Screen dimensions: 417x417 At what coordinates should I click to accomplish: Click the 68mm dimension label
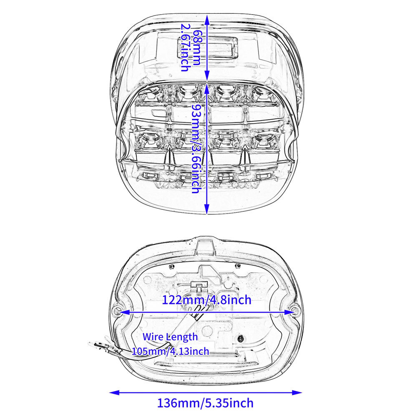pos(196,48)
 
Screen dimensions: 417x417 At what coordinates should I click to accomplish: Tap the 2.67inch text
pos(185,48)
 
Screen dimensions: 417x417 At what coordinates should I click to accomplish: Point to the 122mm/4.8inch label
pos(207,300)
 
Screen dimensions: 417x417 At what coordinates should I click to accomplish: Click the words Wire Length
pos(170,337)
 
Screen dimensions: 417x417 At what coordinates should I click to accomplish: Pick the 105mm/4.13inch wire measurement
pos(171,351)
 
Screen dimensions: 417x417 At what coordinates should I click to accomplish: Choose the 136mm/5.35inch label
pos(205,403)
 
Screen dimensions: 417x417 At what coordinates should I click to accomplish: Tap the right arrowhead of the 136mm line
pos(297,392)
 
